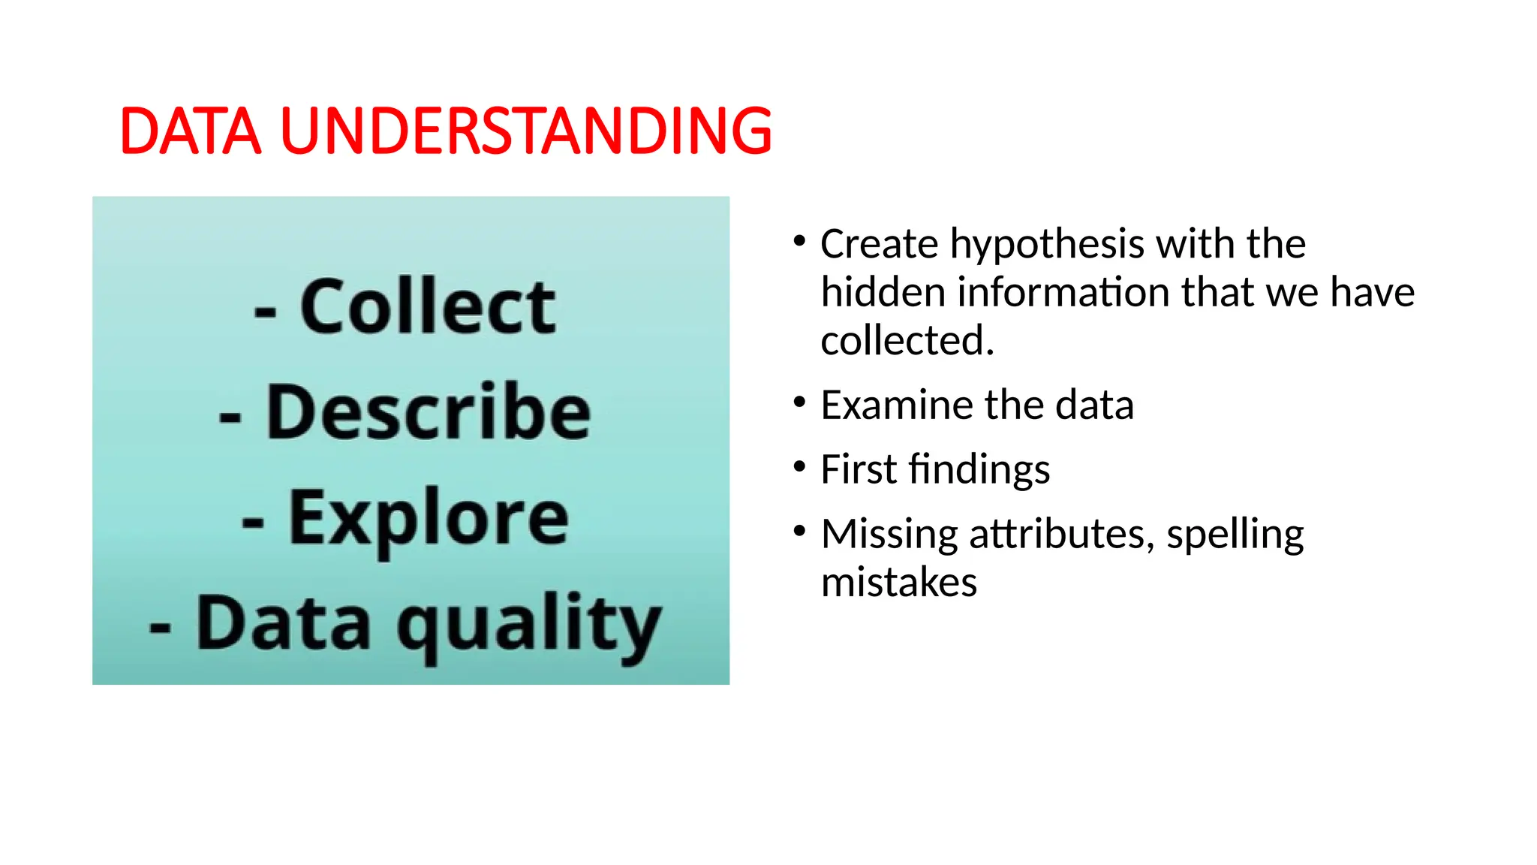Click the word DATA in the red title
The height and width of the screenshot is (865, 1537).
191,131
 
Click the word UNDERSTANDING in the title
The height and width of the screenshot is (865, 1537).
525,131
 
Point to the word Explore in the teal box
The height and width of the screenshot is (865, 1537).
429,518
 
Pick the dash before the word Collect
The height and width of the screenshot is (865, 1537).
265,309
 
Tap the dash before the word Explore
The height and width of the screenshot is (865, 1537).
253,521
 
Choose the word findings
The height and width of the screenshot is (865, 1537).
979,471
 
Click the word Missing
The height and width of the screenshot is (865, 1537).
889,535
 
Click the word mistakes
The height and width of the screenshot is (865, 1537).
899,583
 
